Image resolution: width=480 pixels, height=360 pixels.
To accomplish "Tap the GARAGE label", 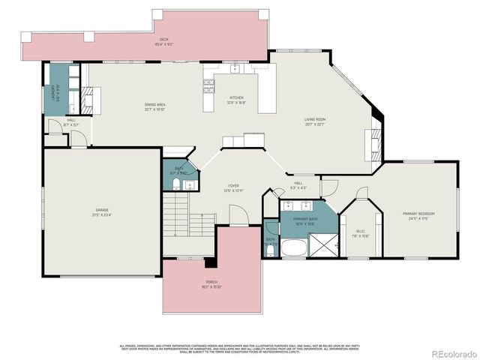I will pyautogui.click(x=101, y=212).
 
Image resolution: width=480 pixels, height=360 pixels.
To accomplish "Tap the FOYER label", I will pyautogui.click(x=234, y=187).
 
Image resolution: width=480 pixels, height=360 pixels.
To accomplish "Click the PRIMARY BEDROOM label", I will pyautogui.click(x=418, y=215).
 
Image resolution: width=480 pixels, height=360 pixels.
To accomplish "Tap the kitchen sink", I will pyautogui.click(x=235, y=68).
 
